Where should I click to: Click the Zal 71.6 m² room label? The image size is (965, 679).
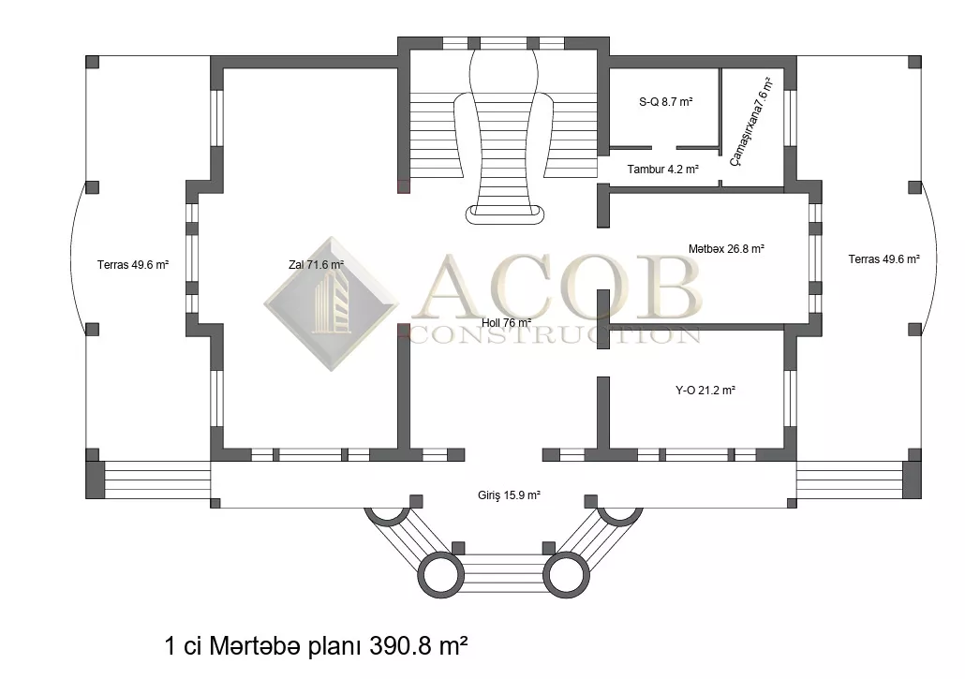[316, 265]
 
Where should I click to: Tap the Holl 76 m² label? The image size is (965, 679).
[506, 323]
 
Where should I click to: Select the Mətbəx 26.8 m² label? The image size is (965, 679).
[726, 249]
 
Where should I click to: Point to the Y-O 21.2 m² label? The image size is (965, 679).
[705, 390]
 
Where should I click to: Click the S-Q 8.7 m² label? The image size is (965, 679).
[666, 101]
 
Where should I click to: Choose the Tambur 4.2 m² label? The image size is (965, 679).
[662, 169]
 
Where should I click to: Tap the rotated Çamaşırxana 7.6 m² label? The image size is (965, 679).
[750, 121]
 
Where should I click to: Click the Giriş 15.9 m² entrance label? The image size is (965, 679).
[509, 495]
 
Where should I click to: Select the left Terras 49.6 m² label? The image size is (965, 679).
[133, 265]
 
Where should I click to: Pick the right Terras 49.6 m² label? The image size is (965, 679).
[883, 259]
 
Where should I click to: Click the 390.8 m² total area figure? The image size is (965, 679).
[419, 646]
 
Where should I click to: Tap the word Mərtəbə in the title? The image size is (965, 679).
[255, 647]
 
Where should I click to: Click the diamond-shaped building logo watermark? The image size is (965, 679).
[332, 303]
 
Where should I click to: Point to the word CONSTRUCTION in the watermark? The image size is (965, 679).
[554, 334]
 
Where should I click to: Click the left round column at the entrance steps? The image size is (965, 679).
[440, 575]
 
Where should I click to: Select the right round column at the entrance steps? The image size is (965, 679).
[566, 575]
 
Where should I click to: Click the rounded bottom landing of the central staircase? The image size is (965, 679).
[505, 214]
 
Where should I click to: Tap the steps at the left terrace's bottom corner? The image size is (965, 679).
[157, 480]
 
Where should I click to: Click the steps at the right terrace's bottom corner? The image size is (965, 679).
[850, 480]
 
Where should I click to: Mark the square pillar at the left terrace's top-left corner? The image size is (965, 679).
[92, 62]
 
